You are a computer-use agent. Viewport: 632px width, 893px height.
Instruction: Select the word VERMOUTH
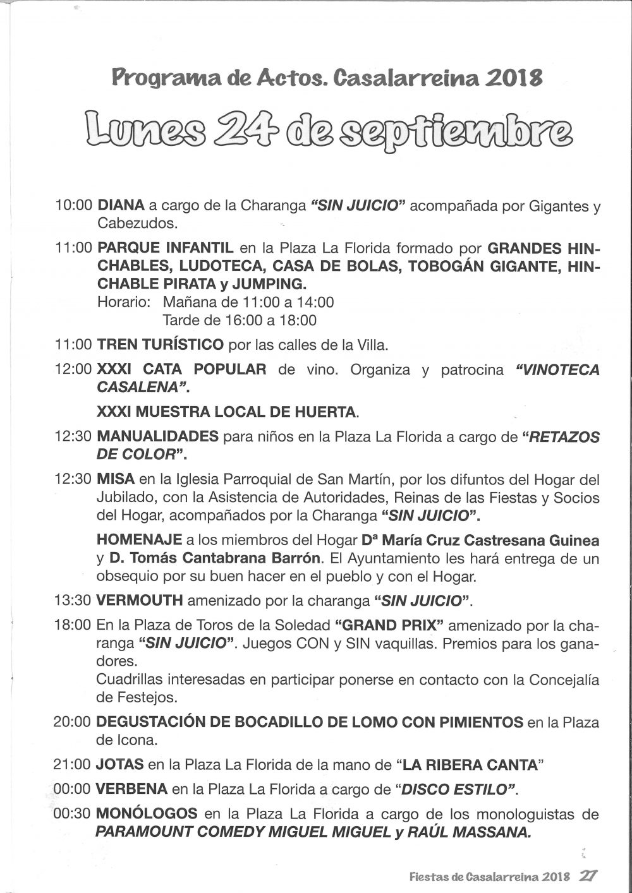140,599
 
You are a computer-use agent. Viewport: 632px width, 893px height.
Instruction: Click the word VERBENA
132,789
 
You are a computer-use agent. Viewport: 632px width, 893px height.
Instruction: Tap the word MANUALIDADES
157,436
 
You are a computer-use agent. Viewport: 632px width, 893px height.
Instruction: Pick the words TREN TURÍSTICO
160,345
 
